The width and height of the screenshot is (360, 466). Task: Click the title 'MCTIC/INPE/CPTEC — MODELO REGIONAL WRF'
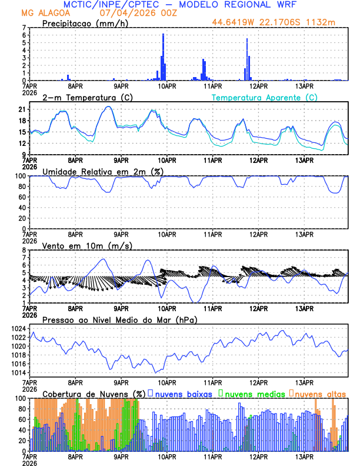(180, 5)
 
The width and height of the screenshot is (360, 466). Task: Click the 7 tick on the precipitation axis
(24, 28)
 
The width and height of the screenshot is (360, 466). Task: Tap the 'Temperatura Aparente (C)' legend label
(264, 97)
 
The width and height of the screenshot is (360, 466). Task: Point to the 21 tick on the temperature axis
(22, 109)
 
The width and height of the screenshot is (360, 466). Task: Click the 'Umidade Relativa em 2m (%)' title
(96, 171)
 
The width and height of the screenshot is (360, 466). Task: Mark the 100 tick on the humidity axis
(21, 176)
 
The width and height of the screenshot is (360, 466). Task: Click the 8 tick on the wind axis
(24, 250)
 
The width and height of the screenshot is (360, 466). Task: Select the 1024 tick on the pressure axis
(18, 328)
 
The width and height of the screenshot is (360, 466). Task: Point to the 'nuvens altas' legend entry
(320, 393)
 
